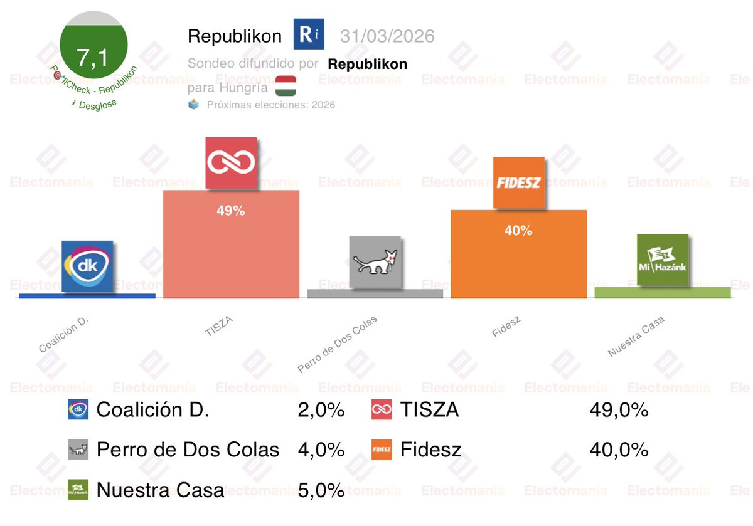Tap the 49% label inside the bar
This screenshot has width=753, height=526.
[x=230, y=211]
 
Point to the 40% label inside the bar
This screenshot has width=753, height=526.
[x=518, y=231]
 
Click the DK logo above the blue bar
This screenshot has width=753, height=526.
[x=88, y=266]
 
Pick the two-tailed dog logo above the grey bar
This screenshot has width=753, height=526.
[x=375, y=261]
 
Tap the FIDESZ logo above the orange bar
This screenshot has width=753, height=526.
[x=518, y=183]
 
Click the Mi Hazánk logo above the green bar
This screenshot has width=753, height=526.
[x=662, y=260]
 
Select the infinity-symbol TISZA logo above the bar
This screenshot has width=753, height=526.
[x=231, y=162]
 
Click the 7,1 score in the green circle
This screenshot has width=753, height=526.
[x=93, y=58]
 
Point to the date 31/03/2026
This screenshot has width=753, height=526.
[x=387, y=36]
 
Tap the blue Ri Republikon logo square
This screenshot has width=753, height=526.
[x=309, y=34]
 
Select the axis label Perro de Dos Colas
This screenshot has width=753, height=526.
[x=338, y=345]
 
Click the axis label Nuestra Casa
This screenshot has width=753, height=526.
[x=636, y=337]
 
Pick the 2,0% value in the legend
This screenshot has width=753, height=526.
[x=321, y=411]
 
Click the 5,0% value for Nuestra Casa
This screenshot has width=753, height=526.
[x=321, y=490]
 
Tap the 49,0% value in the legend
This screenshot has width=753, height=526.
[x=618, y=411]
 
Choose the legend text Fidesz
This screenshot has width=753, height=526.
[x=430, y=450]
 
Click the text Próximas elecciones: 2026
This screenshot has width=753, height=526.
[x=271, y=105]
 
